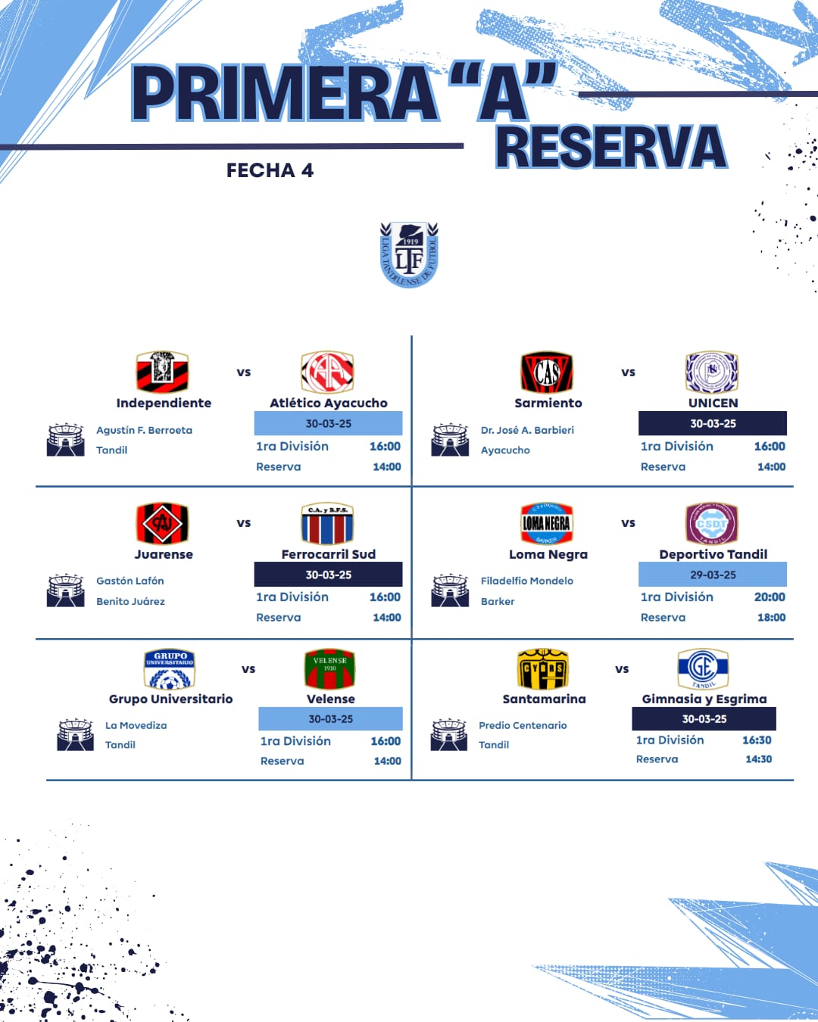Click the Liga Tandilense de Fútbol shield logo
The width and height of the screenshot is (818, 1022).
[409, 254]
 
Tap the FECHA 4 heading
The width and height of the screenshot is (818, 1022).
[270, 170]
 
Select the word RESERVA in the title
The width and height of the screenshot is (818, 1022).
[611, 147]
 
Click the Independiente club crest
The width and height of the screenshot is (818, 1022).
[162, 372]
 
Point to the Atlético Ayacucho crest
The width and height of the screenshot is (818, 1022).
[327, 372]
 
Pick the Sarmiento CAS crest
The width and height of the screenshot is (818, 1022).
[547, 372]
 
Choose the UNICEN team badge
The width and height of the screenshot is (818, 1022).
[711, 372]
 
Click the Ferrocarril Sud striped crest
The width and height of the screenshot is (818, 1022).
[327, 523]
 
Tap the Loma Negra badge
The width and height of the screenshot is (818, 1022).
[547, 523]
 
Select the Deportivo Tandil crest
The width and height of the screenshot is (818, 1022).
[711, 523]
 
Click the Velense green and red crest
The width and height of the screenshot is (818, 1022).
[329, 668]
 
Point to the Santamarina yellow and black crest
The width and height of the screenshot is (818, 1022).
[543, 668]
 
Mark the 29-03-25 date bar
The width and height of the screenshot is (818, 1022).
[713, 574]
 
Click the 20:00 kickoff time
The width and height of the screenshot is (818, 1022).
[770, 597]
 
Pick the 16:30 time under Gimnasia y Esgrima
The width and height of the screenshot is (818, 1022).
[757, 740]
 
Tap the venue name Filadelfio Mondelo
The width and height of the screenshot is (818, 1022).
[526, 581]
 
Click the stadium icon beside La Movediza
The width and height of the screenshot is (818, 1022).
[75, 734]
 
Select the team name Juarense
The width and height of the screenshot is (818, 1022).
[164, 554]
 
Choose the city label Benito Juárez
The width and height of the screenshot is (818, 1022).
[130, 601]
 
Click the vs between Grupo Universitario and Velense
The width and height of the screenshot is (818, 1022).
[248, 669]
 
